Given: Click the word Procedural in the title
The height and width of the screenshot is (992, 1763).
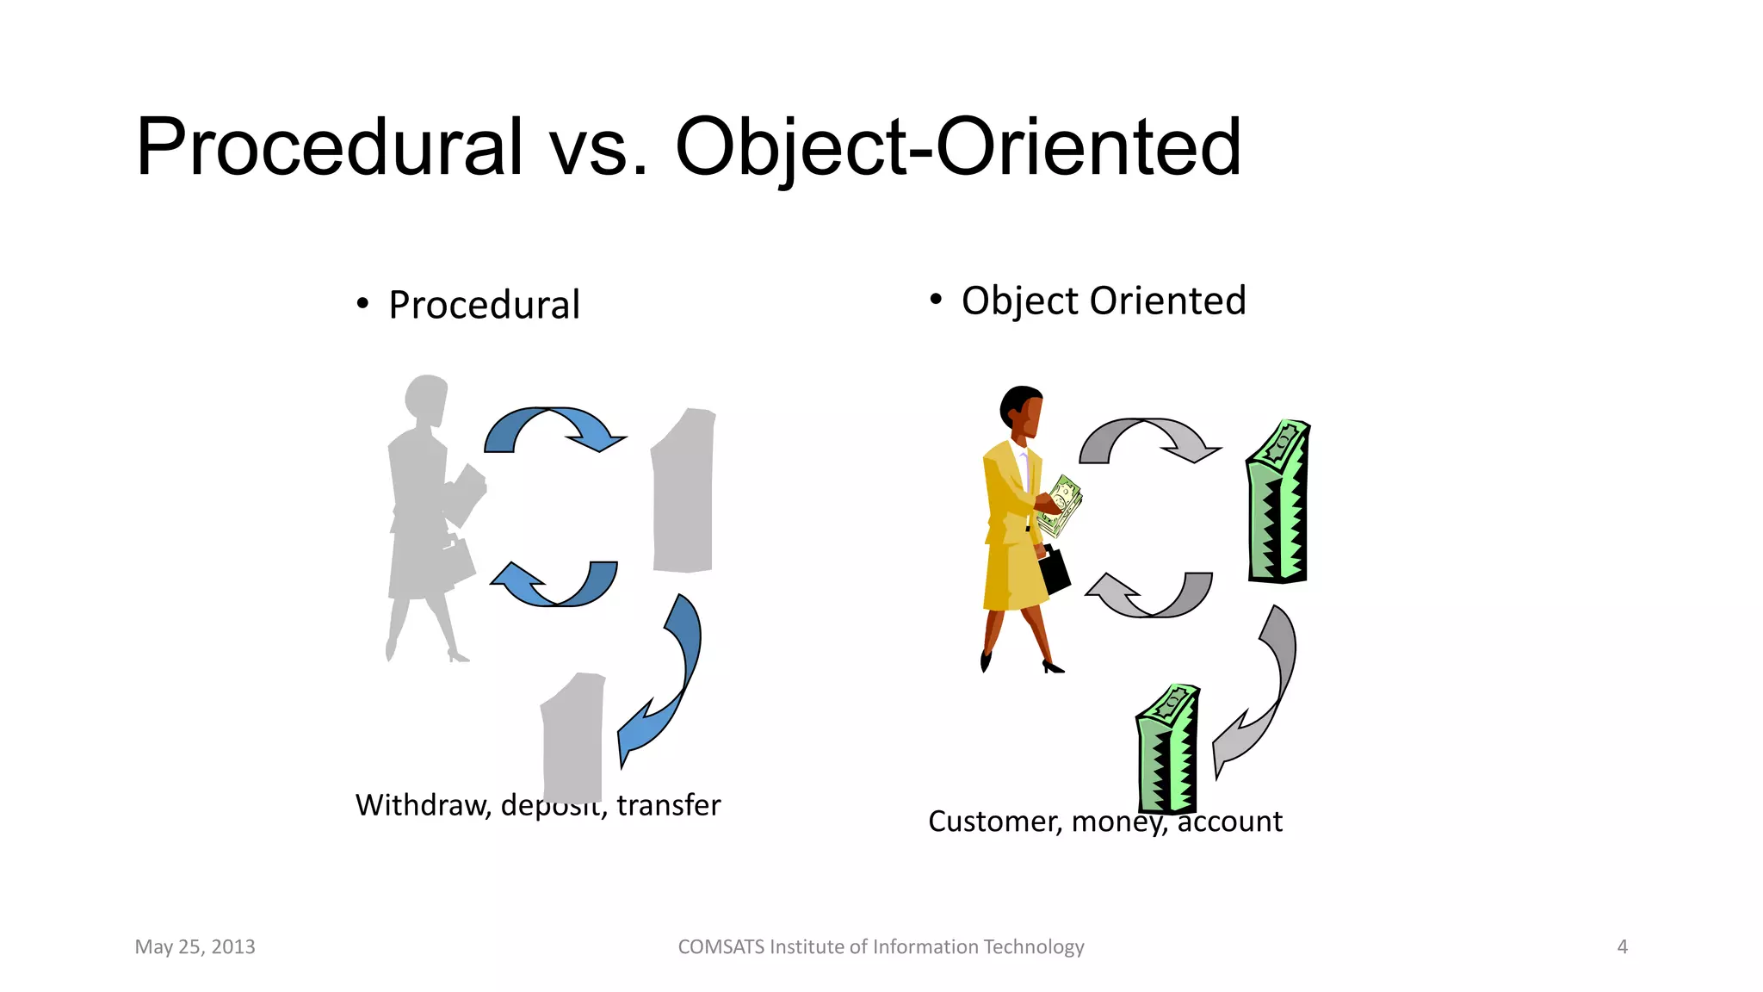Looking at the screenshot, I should [x=329, y=148].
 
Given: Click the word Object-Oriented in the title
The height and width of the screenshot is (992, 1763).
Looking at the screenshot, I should [x=957, y=148].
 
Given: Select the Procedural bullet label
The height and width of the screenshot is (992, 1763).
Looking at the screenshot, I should [x=484, y=305].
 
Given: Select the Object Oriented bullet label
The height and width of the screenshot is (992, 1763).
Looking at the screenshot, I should [x=1103, y=301].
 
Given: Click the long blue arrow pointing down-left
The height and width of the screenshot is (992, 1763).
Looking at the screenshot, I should [x=671, y=680].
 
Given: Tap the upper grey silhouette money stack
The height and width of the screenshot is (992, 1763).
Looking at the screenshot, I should [x=684, y=491].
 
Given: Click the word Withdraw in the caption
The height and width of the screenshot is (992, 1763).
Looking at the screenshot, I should [x=422, y=805].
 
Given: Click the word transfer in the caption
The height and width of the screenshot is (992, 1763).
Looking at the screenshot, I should [x=668, y=805].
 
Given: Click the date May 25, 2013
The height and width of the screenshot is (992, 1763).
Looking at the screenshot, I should [x=195, y=946].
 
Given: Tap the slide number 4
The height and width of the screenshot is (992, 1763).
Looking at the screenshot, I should [x=1622, y=946].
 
